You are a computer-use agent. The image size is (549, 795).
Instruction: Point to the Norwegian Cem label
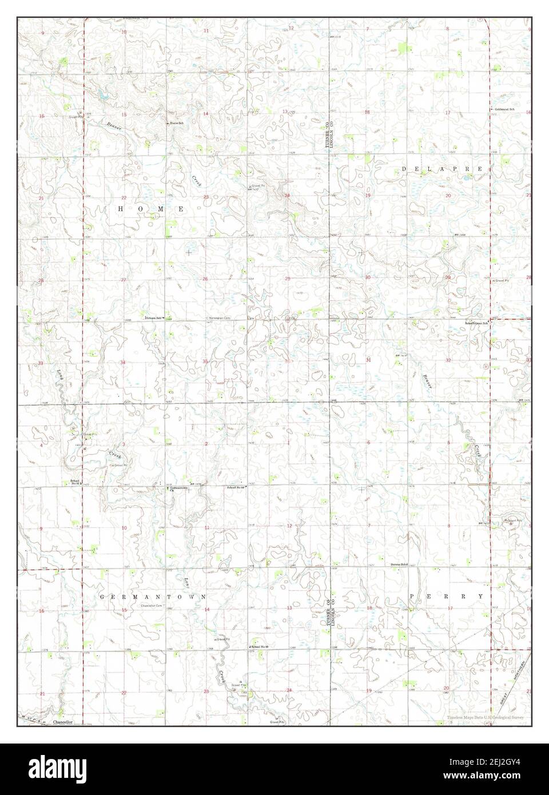(x=218, y=318)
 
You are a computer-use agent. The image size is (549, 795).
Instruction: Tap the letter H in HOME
(x=120, y=209)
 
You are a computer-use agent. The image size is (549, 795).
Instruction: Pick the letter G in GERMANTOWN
(x=102, y=596)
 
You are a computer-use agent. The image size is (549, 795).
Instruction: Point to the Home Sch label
(x=174, y=123)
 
